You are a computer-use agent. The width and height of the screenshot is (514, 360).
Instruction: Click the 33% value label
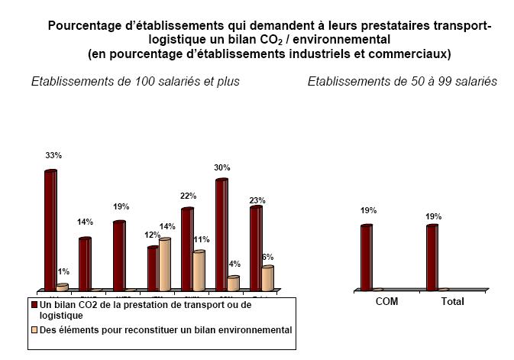click(x=53, y=155)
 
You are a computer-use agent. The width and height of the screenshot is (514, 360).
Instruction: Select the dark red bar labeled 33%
click(x=50, y=229)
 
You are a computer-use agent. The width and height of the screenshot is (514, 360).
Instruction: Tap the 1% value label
click(x=63, y=271)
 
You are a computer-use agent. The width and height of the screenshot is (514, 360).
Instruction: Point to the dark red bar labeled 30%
click(x=222, y=234)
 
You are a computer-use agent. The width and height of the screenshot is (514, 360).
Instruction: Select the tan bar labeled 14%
click(x=165, y=264)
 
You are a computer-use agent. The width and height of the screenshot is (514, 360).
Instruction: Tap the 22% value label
click(x=188, y=196)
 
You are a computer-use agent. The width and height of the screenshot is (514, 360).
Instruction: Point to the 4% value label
click(x=234, y=264)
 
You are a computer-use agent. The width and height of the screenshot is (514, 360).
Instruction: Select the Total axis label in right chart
click(x=452, y=302)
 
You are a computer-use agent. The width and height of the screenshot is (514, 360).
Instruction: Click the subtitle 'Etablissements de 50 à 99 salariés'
click(x=402, y=82)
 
